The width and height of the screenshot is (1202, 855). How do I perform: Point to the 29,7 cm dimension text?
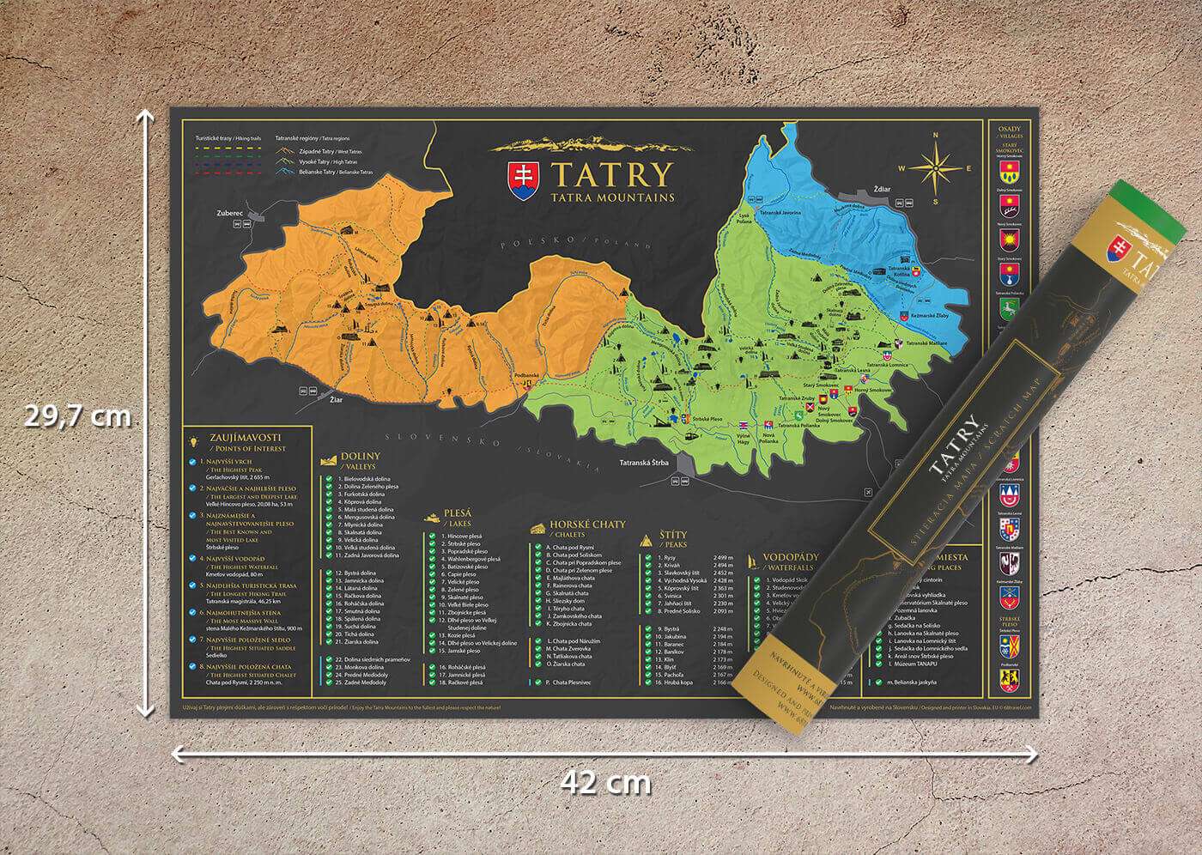pyautogui.click(x=77, y=417)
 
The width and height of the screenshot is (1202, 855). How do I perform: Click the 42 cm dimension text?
pyautogui.click(x=607, y=782)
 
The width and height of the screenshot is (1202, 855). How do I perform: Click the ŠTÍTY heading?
pyautogui.click(x=672, y=536)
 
